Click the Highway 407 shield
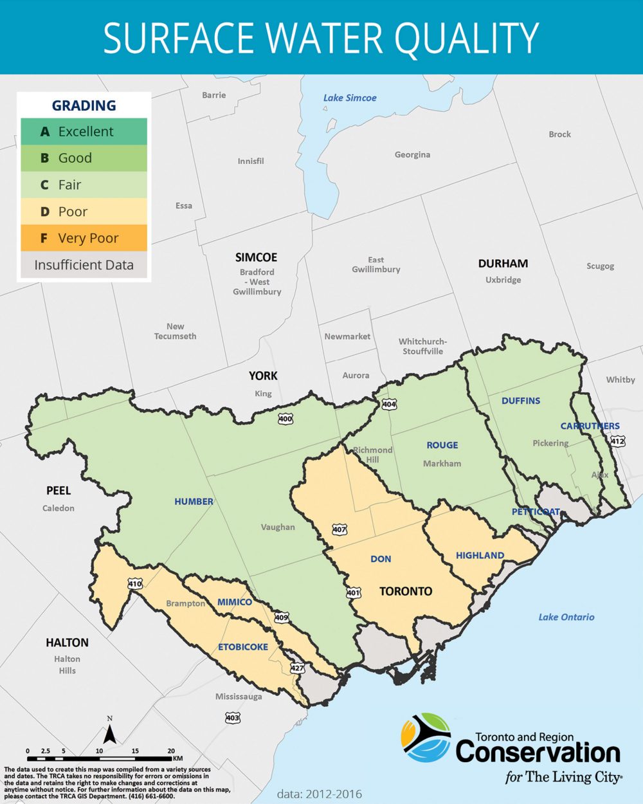click(x=340, y=529)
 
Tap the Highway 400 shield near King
click(x=285, y=419)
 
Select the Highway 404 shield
click(x=389, y=404)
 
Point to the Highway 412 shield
click(x=617, y=441)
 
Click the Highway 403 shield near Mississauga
click(x=233, y=717)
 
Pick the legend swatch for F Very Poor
click(x=84, y=238)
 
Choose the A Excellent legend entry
click(x=84, y=131)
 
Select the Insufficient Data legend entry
click(x=84, y=265)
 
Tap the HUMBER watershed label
click(x=194, y=501)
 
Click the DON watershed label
click(x=381, y=559)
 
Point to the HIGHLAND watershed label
click(x=480, y=555)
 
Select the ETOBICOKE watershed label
click(x=243, y=646)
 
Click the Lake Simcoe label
click(x=350, y=98)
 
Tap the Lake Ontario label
click(x=566, y=617)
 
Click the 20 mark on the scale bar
click(x=171, y=751)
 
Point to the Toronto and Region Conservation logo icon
click(x=426, y=738)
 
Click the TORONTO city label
click(x=405, y=591)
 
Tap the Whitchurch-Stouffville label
click(x=422, y=346)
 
